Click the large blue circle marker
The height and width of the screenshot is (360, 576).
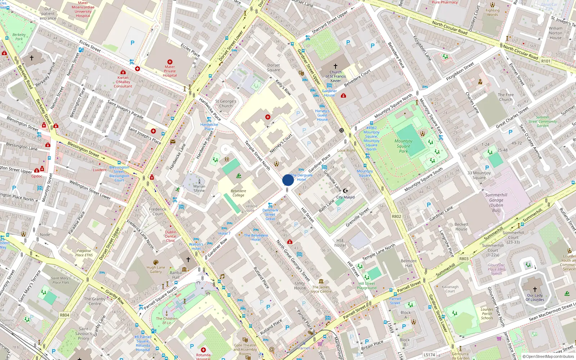point(288,180)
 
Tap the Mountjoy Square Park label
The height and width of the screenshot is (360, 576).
point(403,146)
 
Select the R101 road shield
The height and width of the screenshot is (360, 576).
point(546,61)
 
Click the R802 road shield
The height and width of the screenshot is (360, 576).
point(396,216)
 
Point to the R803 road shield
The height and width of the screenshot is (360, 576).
point(464,258)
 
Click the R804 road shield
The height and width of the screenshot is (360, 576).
point(64,315)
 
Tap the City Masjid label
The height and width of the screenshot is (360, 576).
point(345,197)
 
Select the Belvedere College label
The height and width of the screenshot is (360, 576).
point(238,193)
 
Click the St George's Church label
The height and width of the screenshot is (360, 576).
point(226,104)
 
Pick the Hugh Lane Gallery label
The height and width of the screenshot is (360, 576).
point(156,269)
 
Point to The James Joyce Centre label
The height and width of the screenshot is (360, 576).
point(321,289)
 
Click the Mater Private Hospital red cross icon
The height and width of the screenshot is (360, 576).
point(170,62)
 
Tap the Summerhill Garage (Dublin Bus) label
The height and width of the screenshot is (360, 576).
point(496,203)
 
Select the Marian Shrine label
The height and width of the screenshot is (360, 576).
point(199,188)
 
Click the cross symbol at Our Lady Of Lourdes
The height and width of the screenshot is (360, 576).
point(535,289)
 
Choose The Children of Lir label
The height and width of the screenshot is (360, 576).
point(167,320)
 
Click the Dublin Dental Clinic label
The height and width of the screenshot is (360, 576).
point(171,236)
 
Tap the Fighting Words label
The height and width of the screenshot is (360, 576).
point(492,12)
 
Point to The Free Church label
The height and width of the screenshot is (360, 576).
point(506,97)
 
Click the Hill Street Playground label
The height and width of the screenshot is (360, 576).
point(366,285)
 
